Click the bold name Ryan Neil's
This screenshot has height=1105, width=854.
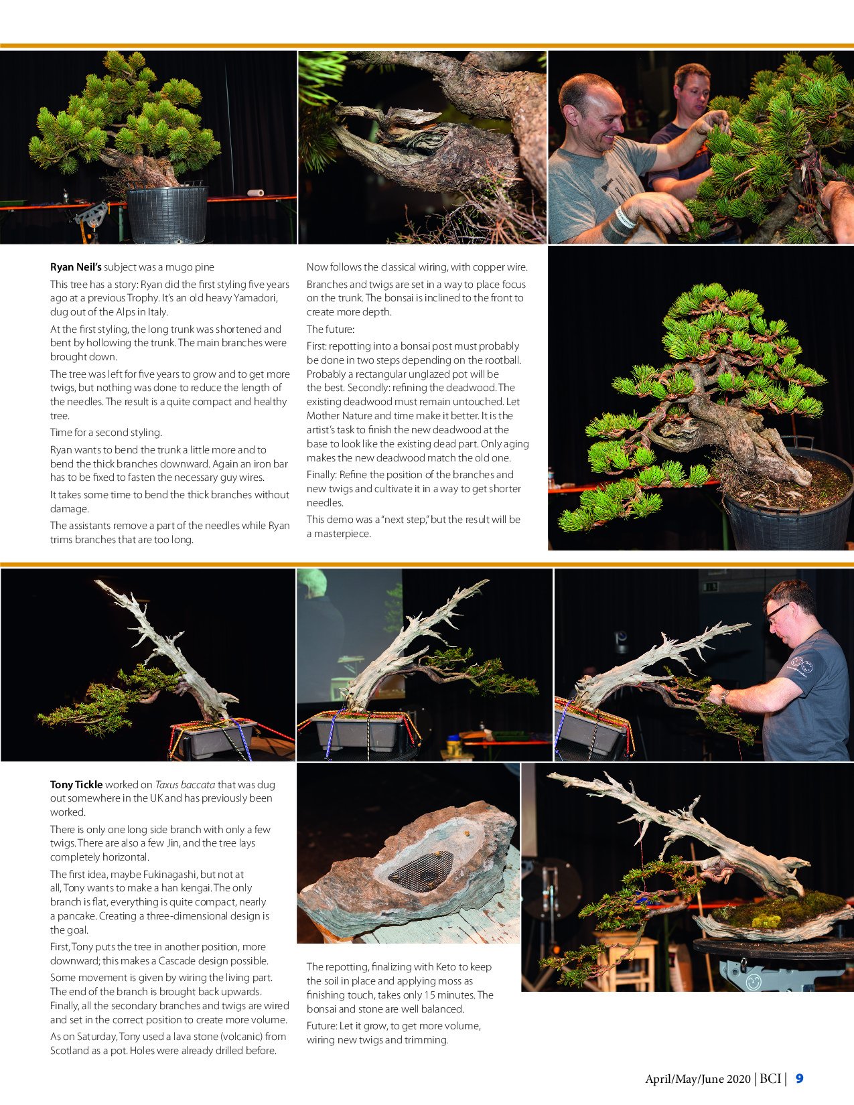[76, 267]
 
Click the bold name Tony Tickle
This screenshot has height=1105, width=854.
[76, 785]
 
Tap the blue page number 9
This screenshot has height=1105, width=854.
[799, 1079]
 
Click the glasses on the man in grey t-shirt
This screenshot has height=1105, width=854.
[777, 611]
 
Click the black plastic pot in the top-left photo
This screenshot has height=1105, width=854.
[167, 214]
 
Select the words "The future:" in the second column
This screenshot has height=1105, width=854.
[330, 329]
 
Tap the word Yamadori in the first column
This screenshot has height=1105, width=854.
[255, 298]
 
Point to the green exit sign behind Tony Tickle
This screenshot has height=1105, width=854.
[711, 587]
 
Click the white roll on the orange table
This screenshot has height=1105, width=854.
[255, 193]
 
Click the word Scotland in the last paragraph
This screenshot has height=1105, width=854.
[70, 1051]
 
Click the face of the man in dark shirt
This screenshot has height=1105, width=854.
[690, 90]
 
